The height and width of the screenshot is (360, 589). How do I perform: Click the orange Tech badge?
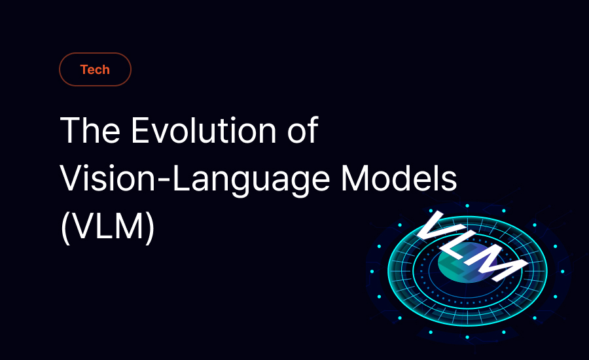[95, 69]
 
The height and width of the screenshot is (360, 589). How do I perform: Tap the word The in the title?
[90, 130]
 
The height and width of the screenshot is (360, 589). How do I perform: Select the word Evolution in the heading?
[204, 130]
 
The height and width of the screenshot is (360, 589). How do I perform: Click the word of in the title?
[303, 130]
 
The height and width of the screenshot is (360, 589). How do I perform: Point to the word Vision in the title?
[107, 179]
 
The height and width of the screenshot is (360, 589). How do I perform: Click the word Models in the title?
[399, 179]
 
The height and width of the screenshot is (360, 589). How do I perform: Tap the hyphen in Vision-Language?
[164, 181]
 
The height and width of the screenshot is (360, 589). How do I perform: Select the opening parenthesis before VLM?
[65, 227]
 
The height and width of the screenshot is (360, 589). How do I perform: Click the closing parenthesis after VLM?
[149, 227]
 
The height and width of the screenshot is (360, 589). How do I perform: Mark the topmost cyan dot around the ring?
[467, 206]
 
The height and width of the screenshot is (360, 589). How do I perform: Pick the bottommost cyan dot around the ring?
[467, 337]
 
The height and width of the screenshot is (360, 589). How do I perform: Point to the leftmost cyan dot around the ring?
[372, 272]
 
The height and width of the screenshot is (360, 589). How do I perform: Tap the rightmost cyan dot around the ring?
[562, 272]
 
